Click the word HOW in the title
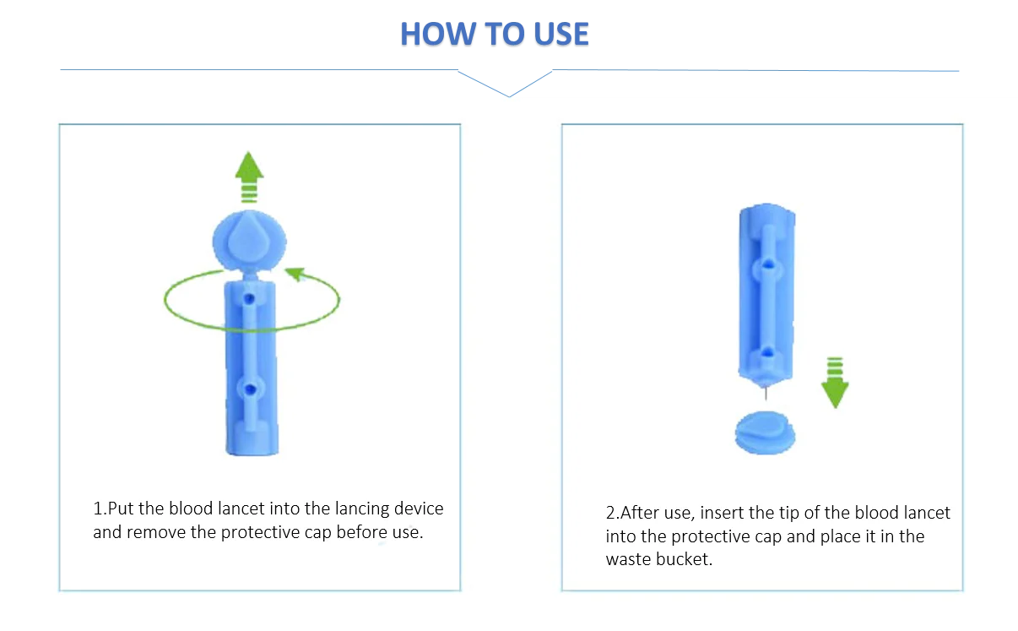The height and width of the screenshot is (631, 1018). [x=437, y=34]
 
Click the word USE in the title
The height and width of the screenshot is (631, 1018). [x=561, y=34]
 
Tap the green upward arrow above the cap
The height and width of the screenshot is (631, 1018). [x=249, y=177]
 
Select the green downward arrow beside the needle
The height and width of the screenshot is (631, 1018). [x=835, y=383]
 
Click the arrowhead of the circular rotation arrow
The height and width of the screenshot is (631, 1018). [x=295, y=274]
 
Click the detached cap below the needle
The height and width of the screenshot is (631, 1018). [x=766, y=432]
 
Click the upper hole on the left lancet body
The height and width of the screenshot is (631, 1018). [x=249, y=299]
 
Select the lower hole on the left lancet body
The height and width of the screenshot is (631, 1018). [x=250, y=389]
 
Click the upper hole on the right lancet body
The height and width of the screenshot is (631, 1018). [x=767, y=264]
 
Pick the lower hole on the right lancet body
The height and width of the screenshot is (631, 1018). [x=767, y=351]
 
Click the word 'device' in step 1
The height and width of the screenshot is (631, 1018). [x=419, y=509]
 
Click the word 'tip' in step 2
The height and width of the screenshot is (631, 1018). [x=789, y=514]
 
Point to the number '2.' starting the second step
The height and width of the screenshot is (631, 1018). [x=613, y=513]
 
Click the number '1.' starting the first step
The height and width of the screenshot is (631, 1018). [x=100, y=509]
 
